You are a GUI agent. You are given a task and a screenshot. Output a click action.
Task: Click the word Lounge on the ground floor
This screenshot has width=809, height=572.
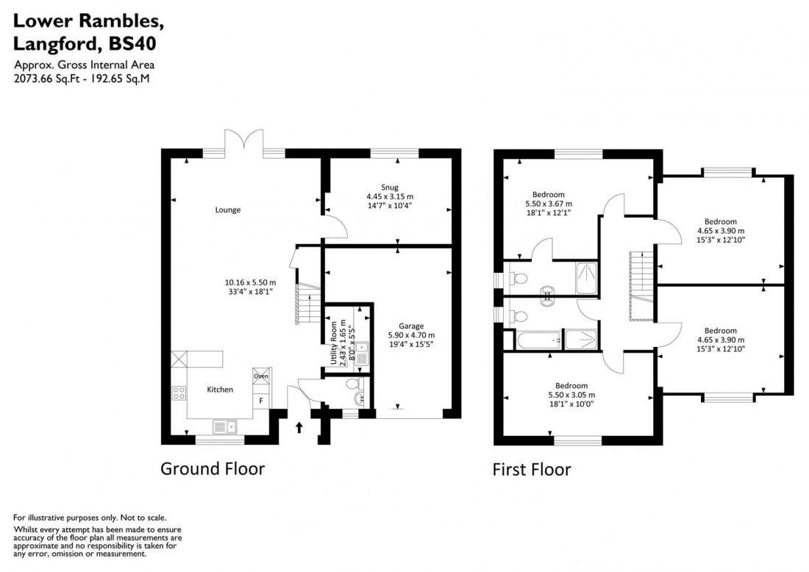(228, 210)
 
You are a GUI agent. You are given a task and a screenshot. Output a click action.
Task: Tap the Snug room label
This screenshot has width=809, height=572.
(390, 187)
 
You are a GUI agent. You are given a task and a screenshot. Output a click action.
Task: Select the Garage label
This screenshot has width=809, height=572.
(411, 325)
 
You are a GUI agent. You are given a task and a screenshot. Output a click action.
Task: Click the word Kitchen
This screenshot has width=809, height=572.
(219, 389)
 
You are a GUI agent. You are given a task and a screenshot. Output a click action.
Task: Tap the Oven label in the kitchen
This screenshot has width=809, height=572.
(260, 376)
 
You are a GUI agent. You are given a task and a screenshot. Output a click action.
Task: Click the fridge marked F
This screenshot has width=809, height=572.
(260, 401)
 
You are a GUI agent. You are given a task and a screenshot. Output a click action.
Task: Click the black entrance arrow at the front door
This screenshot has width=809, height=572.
(299, 426)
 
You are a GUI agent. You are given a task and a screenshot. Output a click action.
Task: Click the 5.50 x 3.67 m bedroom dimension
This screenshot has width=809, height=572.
(548, 204)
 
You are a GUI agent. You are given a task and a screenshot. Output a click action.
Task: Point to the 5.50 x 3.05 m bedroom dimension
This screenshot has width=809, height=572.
(571, 395)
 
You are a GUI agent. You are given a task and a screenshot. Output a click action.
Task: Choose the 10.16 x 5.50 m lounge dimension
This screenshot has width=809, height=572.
(250, 282)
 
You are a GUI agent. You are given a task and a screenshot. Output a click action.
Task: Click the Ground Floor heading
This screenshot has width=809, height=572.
(213, 468)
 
